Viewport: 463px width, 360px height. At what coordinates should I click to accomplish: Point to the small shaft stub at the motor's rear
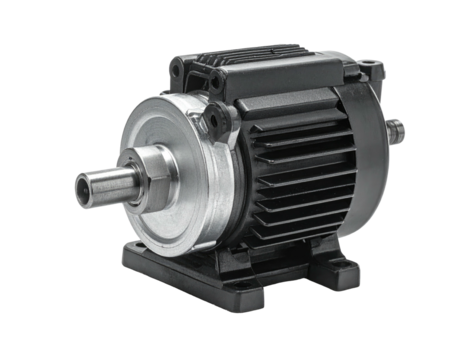398,128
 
